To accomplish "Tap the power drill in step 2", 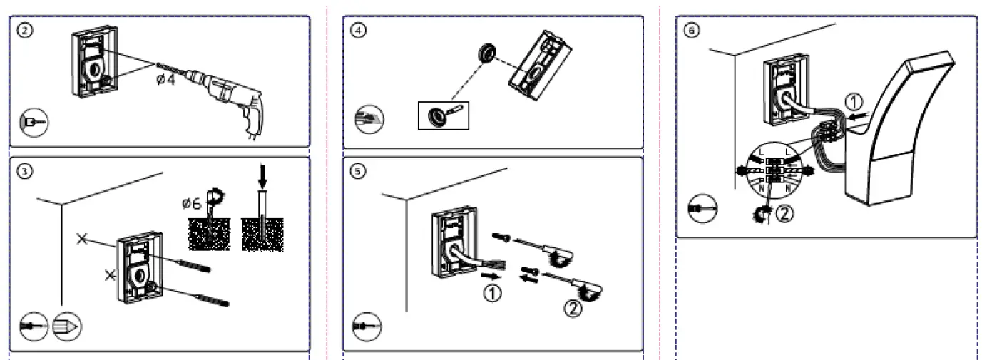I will [x=228, y=99].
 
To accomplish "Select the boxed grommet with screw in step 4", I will [x=442, y=115].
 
